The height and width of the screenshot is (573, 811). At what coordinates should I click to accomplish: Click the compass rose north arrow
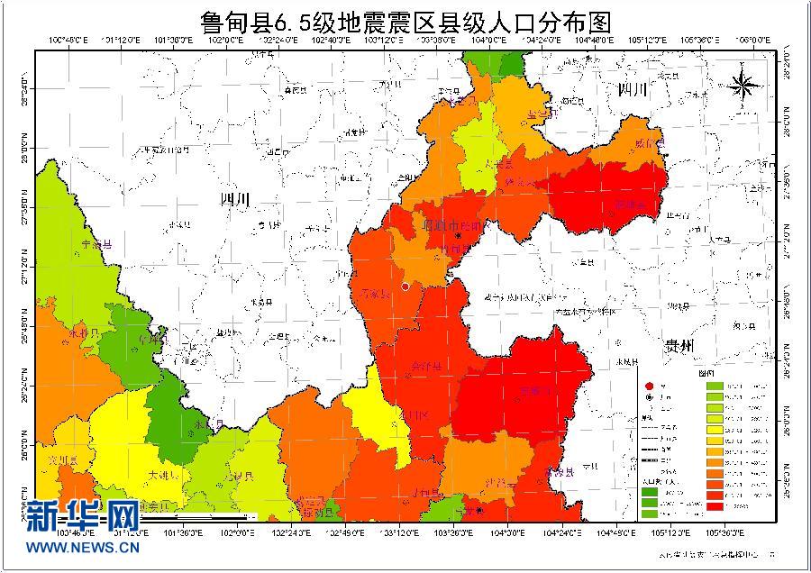744,85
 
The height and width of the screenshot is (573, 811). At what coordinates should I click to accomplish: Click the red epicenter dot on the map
406,286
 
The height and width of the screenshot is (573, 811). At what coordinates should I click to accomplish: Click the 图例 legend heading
705,372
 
